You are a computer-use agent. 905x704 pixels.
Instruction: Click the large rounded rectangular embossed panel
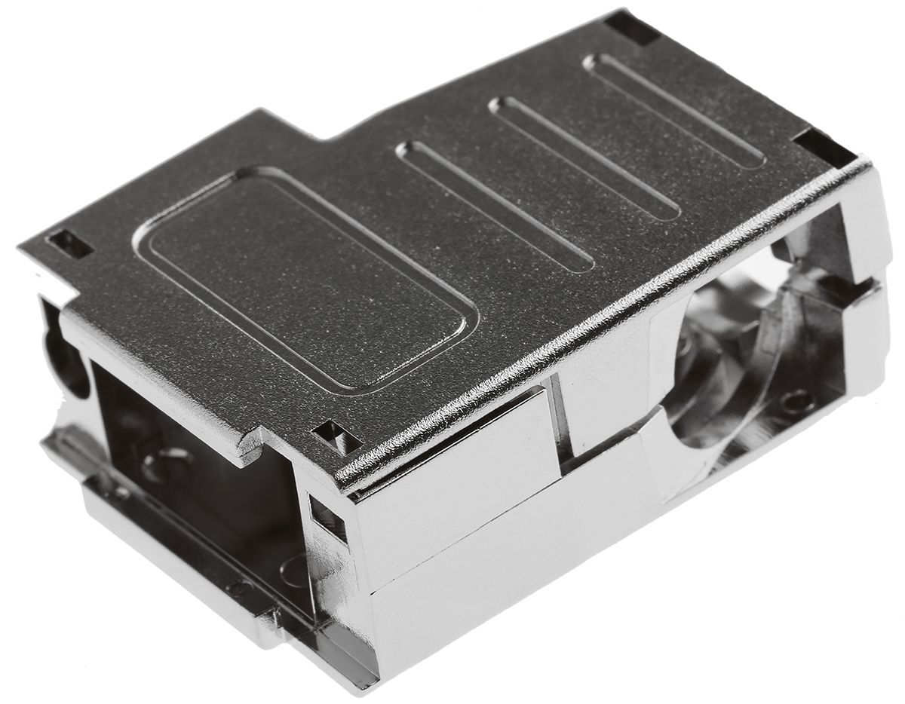point(305,279)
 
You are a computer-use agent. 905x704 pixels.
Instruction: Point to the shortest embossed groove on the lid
point(675,110)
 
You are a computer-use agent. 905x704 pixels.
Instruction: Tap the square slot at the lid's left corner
point(69,243)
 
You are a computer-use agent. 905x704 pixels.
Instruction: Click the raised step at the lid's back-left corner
point(294,128)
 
